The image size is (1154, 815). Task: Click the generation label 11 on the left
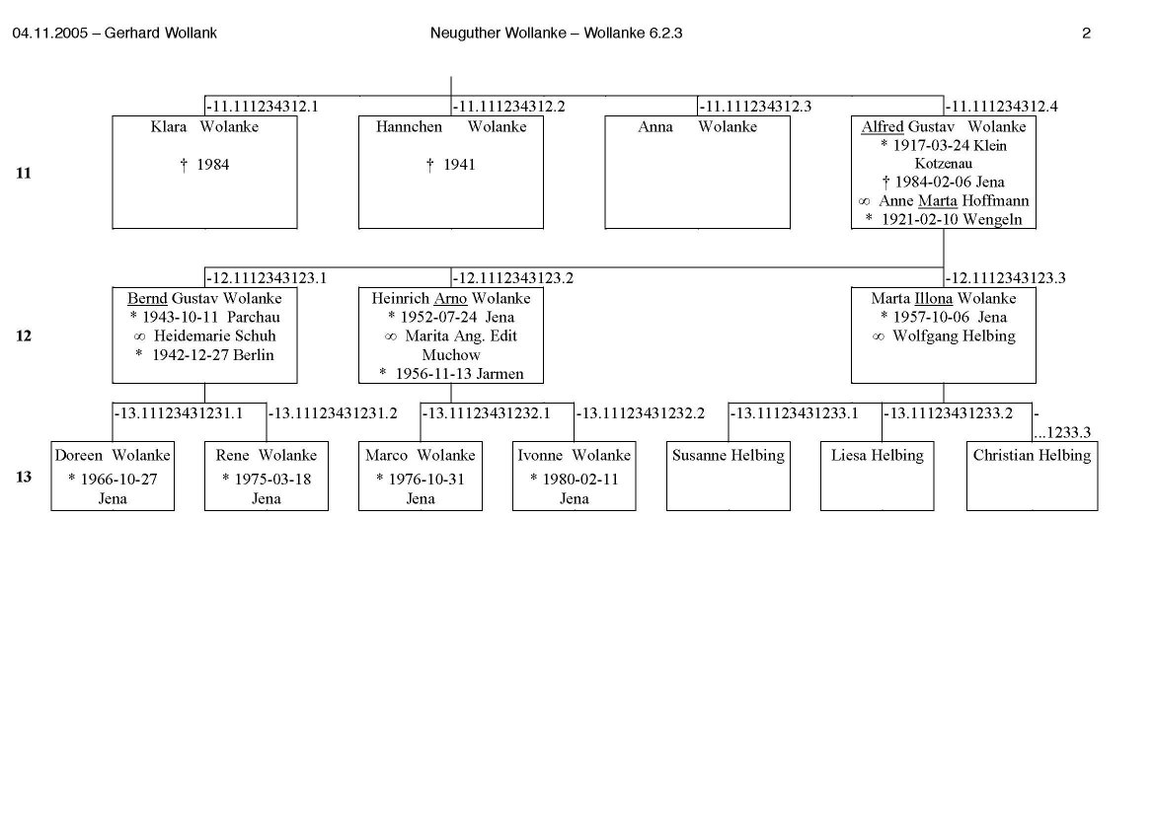click(23, 174)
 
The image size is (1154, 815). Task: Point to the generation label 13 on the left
click(23, 478)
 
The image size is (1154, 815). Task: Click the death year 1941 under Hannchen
click(456, 165)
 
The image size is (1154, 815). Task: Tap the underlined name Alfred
click(882, 127)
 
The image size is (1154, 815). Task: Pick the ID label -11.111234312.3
click(755, 107)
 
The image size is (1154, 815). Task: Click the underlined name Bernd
click(147, 299)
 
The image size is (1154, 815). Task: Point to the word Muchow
click(450, 355)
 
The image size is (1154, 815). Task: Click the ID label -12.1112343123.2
click(513, 278)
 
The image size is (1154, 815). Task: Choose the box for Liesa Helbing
click(877, 476)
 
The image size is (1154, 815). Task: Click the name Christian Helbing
click(1032, 456)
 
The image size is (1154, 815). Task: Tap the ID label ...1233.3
click(1061, 431)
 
